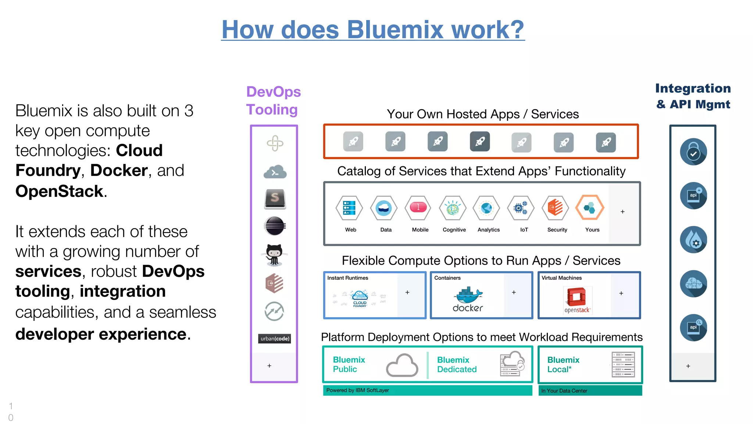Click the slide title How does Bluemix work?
click(373, 29)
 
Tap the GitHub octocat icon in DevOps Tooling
click(274, 255)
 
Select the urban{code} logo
click(275, 339)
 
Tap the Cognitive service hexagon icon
click(453, 208)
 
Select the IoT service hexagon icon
click(520, 208)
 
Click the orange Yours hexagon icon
click(589, 208)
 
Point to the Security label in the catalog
click(557, 230)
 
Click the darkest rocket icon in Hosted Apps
click(479, 141)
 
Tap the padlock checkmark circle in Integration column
click(693, 152)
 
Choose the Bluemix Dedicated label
click(457, 364)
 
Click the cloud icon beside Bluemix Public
click(402, 365)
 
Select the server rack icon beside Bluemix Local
click(623, 364)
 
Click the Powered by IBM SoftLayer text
click(357, 390)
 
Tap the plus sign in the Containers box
click(514, 292)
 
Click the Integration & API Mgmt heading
click(693, 96)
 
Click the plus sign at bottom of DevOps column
click(270, 366)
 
